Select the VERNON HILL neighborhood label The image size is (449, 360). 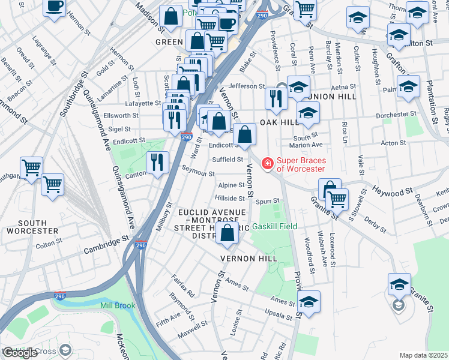coord(248,258)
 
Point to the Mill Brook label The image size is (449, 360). coord(118,305)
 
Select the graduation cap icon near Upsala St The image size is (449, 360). coord(309,302)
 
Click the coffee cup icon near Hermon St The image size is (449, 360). coord(54,7)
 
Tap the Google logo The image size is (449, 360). coord(20,353)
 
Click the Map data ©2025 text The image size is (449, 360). coord(423,355)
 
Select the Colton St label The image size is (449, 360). coord(44,245)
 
